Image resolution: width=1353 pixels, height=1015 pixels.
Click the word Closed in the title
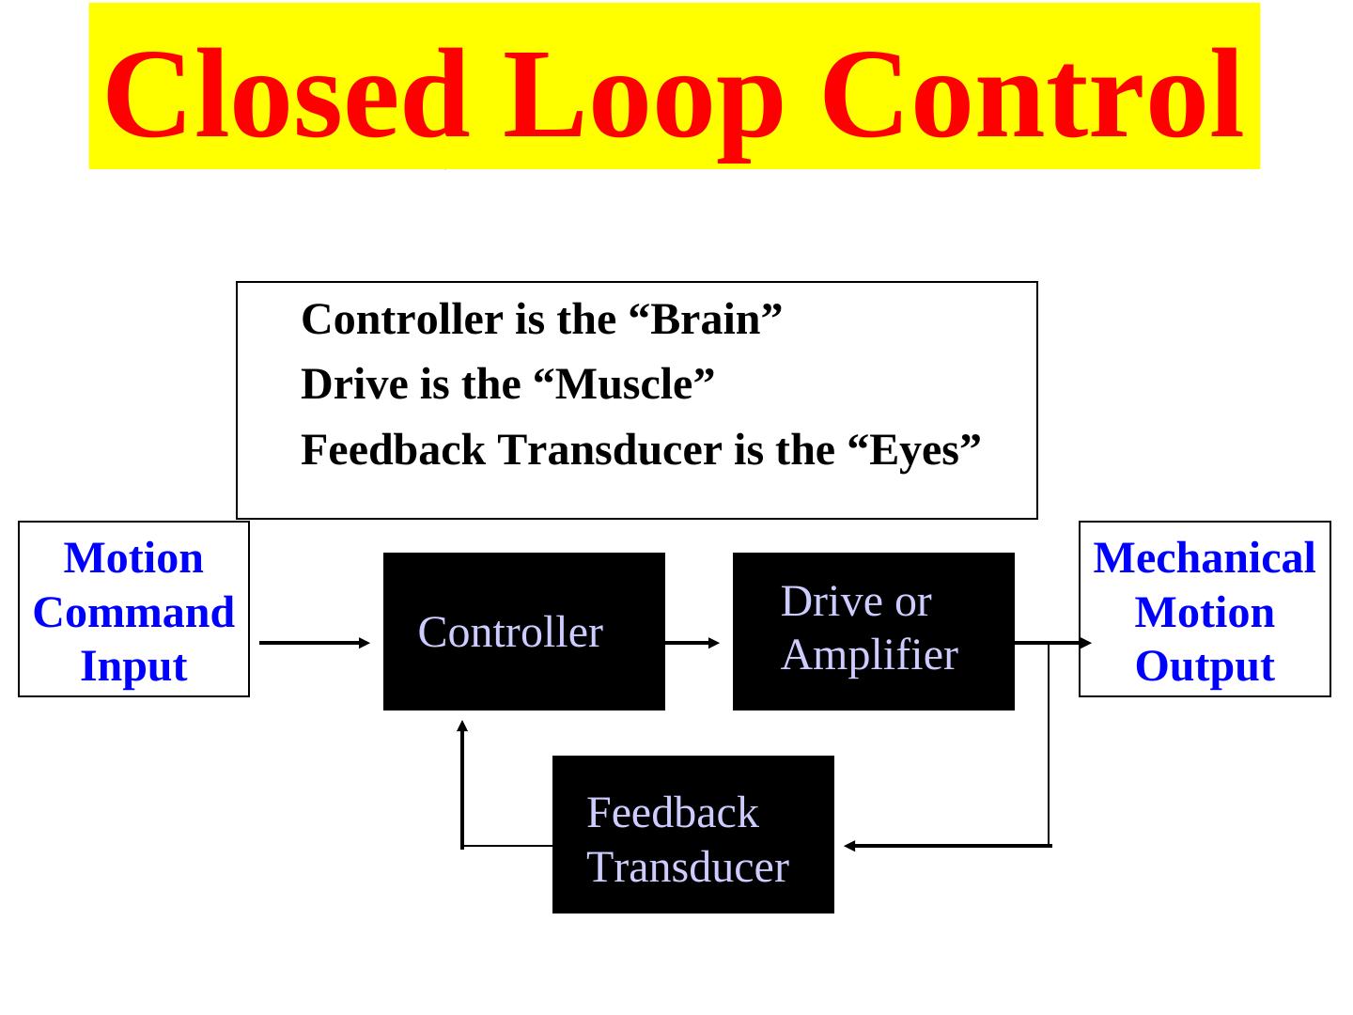coord(286,94)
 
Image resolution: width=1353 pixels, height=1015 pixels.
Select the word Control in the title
coord(1033,94)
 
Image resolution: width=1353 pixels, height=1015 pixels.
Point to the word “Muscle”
coord(623,384)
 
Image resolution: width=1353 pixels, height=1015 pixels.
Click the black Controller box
coord(523,632)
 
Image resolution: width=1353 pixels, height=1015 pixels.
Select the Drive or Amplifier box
coord(873,632)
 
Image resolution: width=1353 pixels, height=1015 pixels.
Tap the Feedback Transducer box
coord(692,835)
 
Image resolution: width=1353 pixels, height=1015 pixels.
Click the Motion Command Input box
coord(133,609)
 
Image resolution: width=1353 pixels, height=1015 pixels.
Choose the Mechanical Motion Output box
coord(1205,609)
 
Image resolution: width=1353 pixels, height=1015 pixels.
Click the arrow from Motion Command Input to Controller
coord(315,643)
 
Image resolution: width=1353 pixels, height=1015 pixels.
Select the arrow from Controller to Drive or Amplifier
coord(692,643)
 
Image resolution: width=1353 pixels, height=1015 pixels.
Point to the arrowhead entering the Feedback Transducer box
coord(849,846)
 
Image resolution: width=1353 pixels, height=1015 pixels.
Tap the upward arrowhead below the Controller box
coord(462,726)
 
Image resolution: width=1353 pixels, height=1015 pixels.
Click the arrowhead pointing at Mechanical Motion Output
coord(1085,643)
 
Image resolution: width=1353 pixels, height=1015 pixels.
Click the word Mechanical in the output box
coord(1205,558)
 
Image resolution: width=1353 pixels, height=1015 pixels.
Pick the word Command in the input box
coord(133,613)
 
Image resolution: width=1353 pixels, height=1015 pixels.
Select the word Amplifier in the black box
coord(869,655)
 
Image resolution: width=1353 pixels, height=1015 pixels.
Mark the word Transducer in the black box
coord(688,867)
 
